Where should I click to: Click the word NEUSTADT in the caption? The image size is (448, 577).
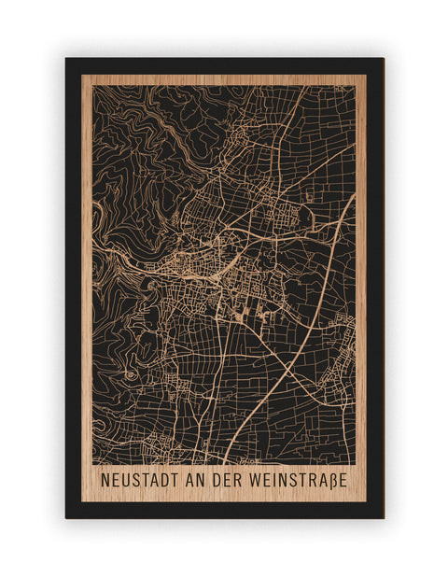point(142,480)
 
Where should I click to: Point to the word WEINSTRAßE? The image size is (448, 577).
point(302,480)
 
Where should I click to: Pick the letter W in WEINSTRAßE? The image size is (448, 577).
point(265,480)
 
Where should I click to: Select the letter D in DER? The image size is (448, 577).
point(228,480)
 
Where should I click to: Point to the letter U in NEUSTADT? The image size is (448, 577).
point(125,480)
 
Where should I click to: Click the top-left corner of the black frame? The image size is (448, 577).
point(66,59)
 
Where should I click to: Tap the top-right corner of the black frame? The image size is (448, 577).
point(383,59)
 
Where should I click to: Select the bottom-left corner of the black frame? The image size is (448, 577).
point(66,517)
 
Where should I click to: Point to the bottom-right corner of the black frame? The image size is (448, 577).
point(383,517)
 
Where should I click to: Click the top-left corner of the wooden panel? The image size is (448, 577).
point(82,75)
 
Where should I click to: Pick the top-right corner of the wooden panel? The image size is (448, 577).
point(366,75)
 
